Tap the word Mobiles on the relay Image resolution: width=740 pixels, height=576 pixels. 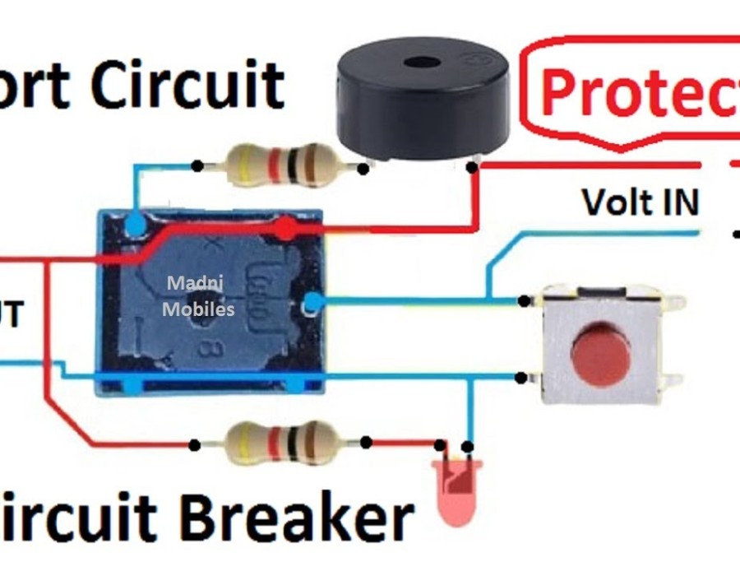click(198, 309)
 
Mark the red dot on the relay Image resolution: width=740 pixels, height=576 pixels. click(284, 228)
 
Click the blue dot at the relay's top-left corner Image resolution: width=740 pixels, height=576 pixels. click(136, 222)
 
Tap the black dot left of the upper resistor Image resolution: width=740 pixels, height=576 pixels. click(197, 166)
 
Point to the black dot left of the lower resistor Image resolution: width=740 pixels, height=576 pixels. click(194, 445)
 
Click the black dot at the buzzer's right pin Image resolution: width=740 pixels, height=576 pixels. click(472, 167)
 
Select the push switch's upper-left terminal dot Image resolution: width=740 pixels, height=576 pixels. click(524, 301)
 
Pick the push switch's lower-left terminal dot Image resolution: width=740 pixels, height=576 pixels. click(520, 379)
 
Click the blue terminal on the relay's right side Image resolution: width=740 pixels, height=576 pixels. click(311, 304)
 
